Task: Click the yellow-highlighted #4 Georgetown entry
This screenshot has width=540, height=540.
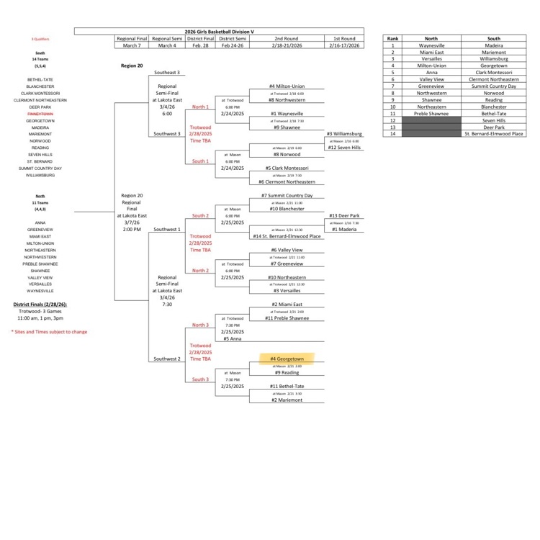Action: [287, 358]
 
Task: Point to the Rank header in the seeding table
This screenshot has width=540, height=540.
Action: [392, 38]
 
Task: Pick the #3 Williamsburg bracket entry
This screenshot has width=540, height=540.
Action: [343, 134]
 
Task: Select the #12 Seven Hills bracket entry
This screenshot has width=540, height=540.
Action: [343, 148]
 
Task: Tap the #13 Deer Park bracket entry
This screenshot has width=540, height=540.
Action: [343, 215]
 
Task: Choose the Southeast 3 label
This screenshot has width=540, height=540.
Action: [168, 73]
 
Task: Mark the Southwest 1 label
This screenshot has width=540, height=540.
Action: [168, 230]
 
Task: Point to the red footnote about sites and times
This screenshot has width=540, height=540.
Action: [49, 332]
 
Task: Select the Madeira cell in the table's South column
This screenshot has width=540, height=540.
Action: [493, 45]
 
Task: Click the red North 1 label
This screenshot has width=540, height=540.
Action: [200, 107]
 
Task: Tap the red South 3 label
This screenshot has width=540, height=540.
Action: [200, 379]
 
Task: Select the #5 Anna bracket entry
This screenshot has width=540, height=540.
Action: [231, 338]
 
